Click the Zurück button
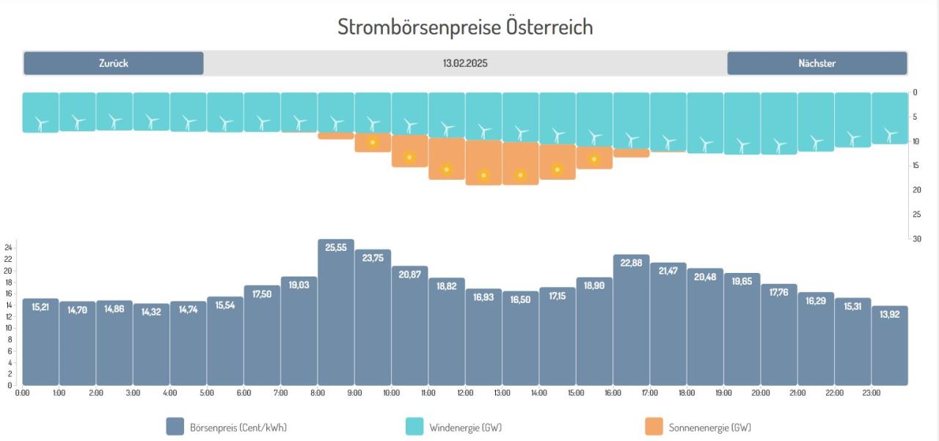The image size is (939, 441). click(114, 63)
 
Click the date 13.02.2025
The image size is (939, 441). click(465, 63)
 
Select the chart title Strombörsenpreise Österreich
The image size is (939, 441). click(465, 27)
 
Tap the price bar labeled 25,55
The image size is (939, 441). click(336, 316)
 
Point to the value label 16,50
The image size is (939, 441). click(520, 299)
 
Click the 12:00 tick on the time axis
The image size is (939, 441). click(465, 393)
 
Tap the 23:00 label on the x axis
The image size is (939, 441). click(872, 393)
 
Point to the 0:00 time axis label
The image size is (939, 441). click(23, 393)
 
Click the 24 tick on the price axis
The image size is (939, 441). click(9, 247)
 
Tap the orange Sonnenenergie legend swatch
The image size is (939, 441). click(654, 427)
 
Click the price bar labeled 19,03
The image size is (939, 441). click(299, 334)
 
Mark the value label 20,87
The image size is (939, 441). click(409, 274)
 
